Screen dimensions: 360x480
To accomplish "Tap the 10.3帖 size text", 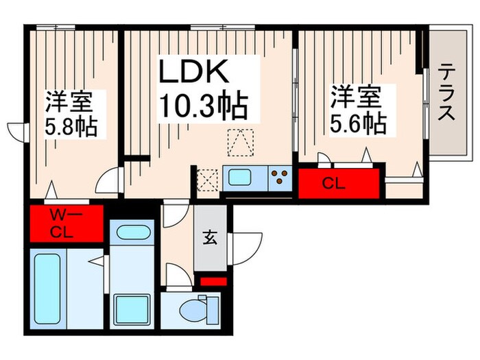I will click(x=204, y=106).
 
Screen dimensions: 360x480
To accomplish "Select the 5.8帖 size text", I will click(x=71, y=127).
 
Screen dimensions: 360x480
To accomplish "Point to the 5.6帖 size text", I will click(x=357, y=123).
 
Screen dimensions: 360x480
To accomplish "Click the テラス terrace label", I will click(x=446, y=93).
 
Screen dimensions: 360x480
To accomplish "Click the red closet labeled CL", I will click(x=339, y=183).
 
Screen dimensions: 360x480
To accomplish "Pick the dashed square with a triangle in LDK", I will click(x=240, y=143).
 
